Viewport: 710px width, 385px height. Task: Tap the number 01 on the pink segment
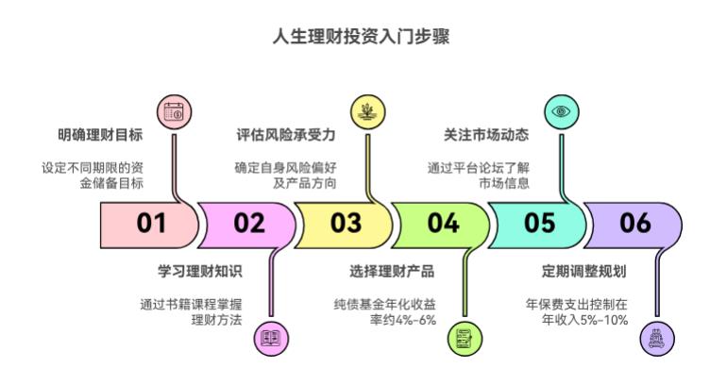pos(151,224)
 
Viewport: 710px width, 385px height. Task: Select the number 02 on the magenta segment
pos(249,224)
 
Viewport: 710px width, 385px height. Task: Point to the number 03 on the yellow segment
pos(346,224)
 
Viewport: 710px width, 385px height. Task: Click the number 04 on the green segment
pos(442,224)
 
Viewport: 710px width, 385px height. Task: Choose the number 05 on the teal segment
pos(540,224)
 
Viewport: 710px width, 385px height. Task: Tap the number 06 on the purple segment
pos(636,224)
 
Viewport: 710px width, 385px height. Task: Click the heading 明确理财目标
pos(101,135)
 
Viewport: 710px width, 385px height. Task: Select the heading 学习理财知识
pos(200,272)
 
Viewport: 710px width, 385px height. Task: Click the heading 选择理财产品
pos(392,272)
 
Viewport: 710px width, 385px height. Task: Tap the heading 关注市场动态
pos(486,135)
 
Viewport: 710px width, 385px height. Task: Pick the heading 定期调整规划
pos(585,272)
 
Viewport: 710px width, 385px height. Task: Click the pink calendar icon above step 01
pos(173,111)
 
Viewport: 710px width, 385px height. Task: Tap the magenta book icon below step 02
pos(271,337)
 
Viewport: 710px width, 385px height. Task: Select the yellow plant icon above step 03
pos(365,111)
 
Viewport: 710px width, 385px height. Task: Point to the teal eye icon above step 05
pos(561,111)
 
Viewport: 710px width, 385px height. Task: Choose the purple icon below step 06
pos(657,337)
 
